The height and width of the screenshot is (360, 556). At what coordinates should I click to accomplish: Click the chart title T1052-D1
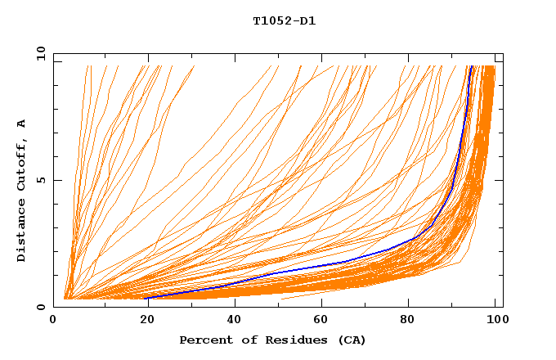pyautogui.click(x=284, y=21)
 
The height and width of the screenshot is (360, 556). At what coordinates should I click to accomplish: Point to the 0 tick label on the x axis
pyautogui.click(x=54, y=322)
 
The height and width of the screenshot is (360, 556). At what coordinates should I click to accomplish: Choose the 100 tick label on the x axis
pyautogui.click(x=495, y=322)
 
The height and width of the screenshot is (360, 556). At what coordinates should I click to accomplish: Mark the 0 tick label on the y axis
pyautogui.click(x=41, y=307)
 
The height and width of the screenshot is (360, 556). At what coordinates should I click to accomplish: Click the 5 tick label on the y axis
pyautogui.click(x=41, y=180)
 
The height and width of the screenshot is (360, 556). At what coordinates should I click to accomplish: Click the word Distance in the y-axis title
pyautogui.click(x=22, y=233)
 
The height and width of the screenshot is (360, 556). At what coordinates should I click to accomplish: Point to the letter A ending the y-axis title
pyautogui.click(x=22, y=124)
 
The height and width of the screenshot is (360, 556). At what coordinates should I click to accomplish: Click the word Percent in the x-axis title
pyautogui.click(x=204, y=340)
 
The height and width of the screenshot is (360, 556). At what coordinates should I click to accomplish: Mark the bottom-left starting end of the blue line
pyautogui.click(x=147, y=298)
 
